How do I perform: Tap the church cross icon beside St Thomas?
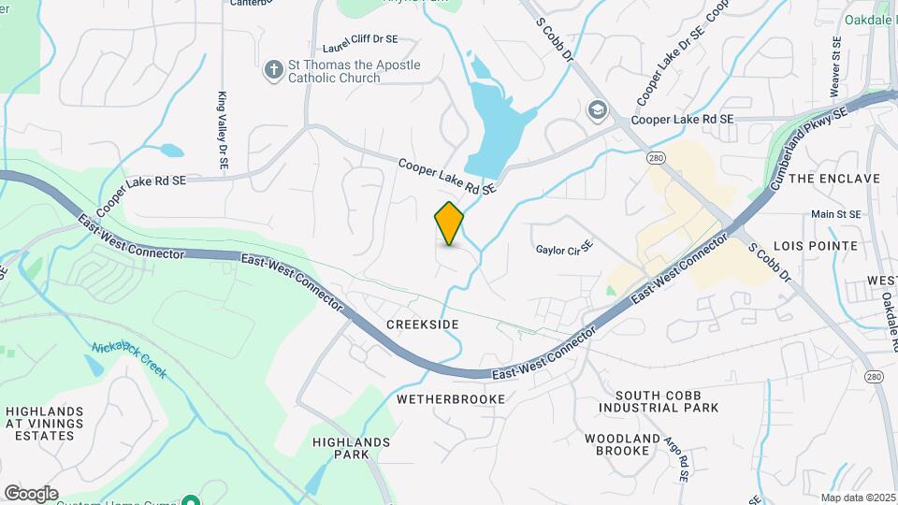[x=273, y=70]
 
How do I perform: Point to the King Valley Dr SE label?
[x=223, y=130]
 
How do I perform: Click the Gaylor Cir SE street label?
[x=565, y=249]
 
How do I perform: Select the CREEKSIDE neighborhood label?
[x=423, y=324]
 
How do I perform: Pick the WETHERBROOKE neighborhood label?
[x=451, y=398]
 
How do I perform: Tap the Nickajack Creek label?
[x=129, y=360]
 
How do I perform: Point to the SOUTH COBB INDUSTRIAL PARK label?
[x=659, y=400]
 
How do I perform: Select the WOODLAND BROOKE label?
[x=616, y=444]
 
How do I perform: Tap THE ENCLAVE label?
[x=834, y=178]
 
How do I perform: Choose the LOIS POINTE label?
[x=823, y=245]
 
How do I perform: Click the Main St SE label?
[x=834, y=214]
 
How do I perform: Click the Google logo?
[x=31, y=493]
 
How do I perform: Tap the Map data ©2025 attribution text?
[x=858, y=498]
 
